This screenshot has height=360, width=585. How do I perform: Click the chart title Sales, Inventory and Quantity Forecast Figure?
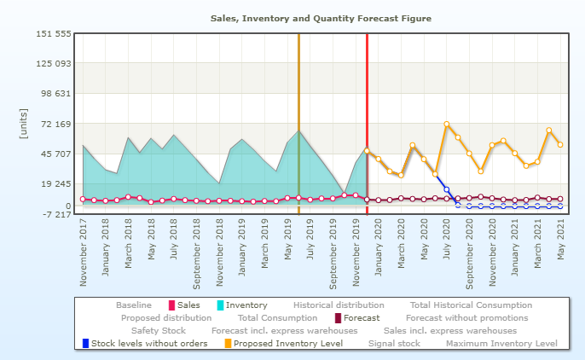tap(321, 18)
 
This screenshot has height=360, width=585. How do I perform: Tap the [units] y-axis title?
tap(23, 124)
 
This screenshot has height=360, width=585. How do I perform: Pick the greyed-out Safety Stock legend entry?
tap(158, 330)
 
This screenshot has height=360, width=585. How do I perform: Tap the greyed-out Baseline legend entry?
tap(134, 305)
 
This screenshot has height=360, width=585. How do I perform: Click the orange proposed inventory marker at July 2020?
tap(447, 125)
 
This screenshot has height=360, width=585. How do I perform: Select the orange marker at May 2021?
tap(560, 145)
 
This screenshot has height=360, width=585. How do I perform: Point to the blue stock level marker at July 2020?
tap(447, 189)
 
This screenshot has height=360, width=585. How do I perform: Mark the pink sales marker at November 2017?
tap(83, 200)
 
